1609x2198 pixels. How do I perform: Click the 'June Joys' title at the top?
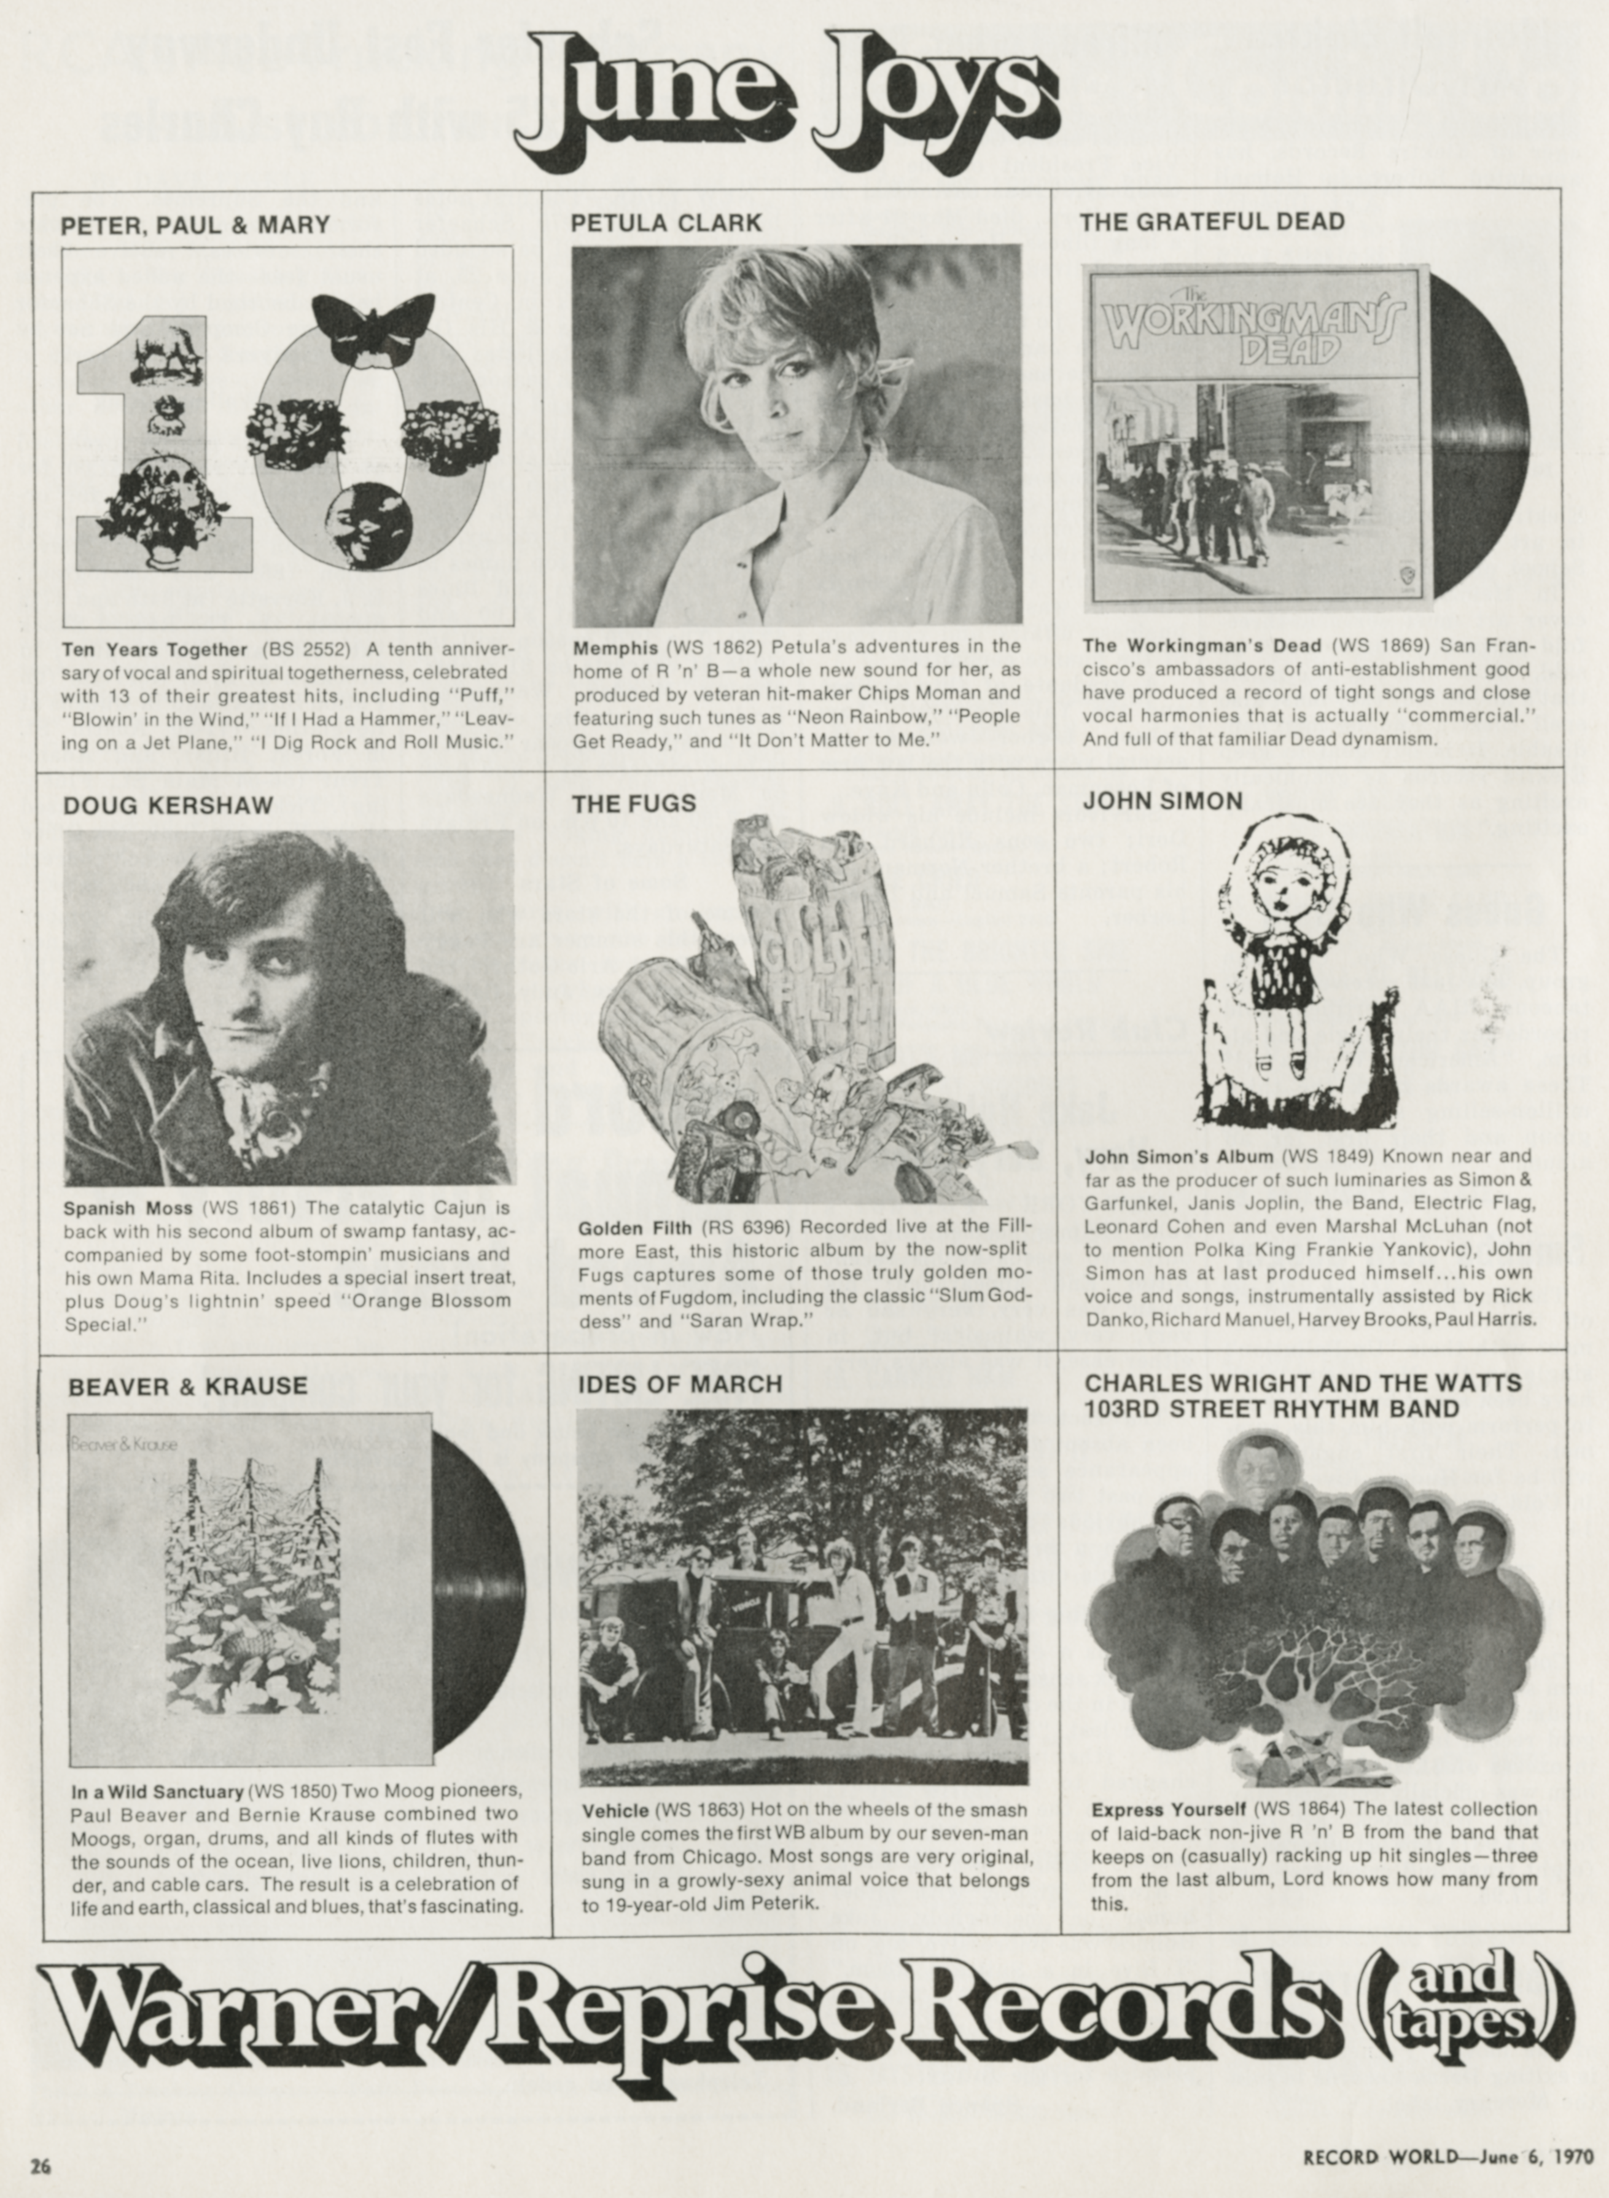coord(787,98)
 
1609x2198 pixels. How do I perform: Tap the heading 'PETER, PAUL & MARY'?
coord(195,225)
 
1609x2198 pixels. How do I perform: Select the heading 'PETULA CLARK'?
coord(666,223)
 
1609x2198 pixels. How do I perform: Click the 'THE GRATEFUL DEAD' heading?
coord(1212,221)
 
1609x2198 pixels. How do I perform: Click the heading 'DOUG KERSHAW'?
coord(168,805)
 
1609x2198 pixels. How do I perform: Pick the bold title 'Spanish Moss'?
coord(128,1209)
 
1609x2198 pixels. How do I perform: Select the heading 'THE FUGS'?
coord(633,803)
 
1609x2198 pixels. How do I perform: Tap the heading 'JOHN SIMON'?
coord(1163,800)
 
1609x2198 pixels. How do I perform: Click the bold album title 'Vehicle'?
coord(615,1810)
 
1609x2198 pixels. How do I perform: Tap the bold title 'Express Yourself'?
coord(1168,1809)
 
